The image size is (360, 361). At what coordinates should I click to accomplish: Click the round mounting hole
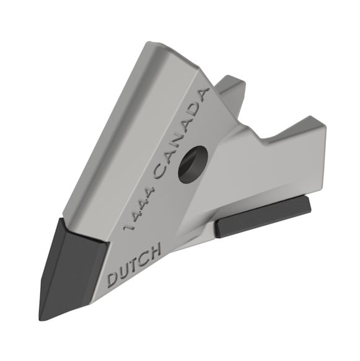(x=191, y=163)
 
